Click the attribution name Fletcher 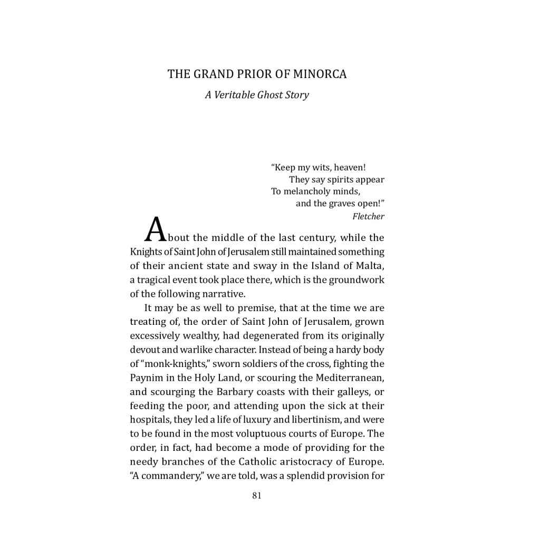(369, 216)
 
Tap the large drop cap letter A (156, 230)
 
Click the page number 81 (257, 495)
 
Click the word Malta (370, 266)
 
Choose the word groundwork (356, 280)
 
